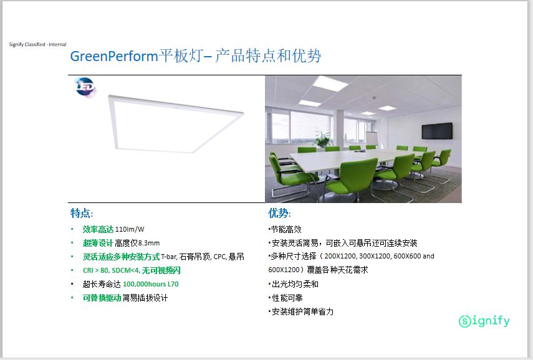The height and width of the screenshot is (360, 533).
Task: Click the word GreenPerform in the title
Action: pyautogui.click(x=114, y=56)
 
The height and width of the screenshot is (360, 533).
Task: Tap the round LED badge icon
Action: pyautogui.click(x=85, y=87)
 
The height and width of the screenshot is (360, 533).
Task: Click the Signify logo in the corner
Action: pyautogui.click(x=484, y=321)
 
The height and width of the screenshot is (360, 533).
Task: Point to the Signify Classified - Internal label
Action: pyautogui.click(x=38, y=44)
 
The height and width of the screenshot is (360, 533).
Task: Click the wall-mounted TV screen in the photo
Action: pyautogui.click(x=437, y=131)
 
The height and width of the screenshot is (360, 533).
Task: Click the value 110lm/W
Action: pyautogui.click(x=130, y=229)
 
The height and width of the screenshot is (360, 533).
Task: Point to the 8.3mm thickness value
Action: pyautogui.click(x=148, y=243)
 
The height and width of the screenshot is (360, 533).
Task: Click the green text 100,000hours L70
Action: pyautogui.click(x=151, y=284)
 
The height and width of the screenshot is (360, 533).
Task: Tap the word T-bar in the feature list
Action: pyautogui.click(x=169, y=257)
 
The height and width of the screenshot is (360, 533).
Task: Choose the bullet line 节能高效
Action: pyautogui.click(x=285, y=230)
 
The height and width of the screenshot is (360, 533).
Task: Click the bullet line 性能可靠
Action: pyautogui.click(x=286, y=298)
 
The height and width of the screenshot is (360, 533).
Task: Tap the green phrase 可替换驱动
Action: pyautogui.click(x=102, y=298)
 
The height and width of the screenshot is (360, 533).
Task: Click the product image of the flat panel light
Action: pyautogui.click(x=175, y=123)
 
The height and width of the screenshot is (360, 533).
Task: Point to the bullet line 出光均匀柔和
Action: pyautogui.click(x=294, y=284)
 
